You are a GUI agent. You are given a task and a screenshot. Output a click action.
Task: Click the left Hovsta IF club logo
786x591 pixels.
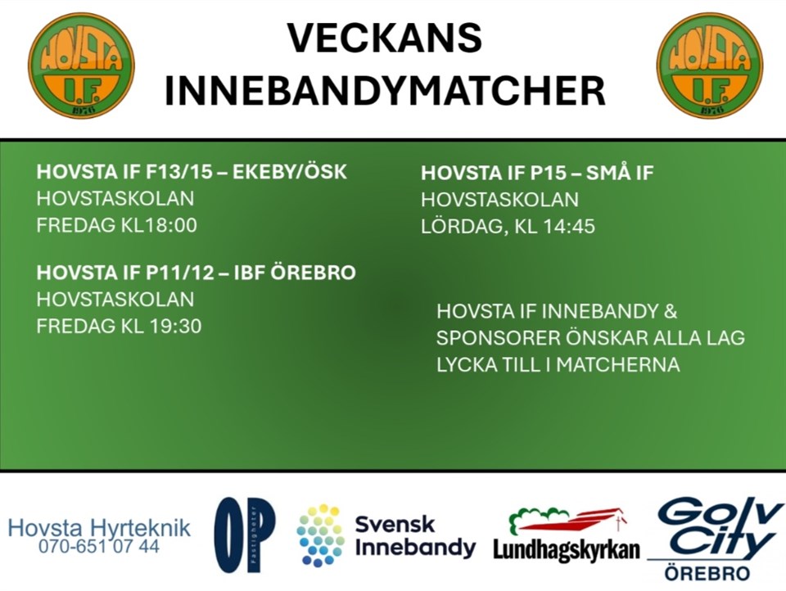coord(82,65)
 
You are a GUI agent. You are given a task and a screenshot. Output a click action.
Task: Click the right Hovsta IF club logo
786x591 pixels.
coord(710,65)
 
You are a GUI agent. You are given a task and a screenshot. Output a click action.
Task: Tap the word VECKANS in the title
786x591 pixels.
coord(385,38)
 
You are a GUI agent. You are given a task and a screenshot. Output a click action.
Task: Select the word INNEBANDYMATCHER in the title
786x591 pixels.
coord(385,91)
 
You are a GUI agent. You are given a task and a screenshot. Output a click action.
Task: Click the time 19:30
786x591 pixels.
coord(175,326)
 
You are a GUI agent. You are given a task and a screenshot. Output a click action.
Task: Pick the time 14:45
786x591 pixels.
coord(569,226)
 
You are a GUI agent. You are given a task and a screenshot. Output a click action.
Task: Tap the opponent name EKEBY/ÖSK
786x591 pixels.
coord(290,172)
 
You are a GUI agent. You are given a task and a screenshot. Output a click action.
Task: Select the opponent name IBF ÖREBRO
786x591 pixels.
coord(295,273)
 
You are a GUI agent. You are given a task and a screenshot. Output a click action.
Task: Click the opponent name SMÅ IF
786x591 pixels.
coord(620,173)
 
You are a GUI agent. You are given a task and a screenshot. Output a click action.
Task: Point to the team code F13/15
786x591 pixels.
coord(179,172)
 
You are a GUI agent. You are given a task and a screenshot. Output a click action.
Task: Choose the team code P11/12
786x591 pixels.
coord(180,273)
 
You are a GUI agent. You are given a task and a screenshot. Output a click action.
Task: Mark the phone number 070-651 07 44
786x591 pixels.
coord(99,546)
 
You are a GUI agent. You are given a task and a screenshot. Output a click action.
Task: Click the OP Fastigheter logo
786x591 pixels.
coord(245,535)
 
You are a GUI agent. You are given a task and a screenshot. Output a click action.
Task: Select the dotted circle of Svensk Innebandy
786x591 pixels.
coord(320,535)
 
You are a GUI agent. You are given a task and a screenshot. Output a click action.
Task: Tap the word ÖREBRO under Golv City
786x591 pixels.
coord(707,573)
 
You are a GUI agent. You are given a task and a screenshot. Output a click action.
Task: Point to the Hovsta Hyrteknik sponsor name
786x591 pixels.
coord(99,528)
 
